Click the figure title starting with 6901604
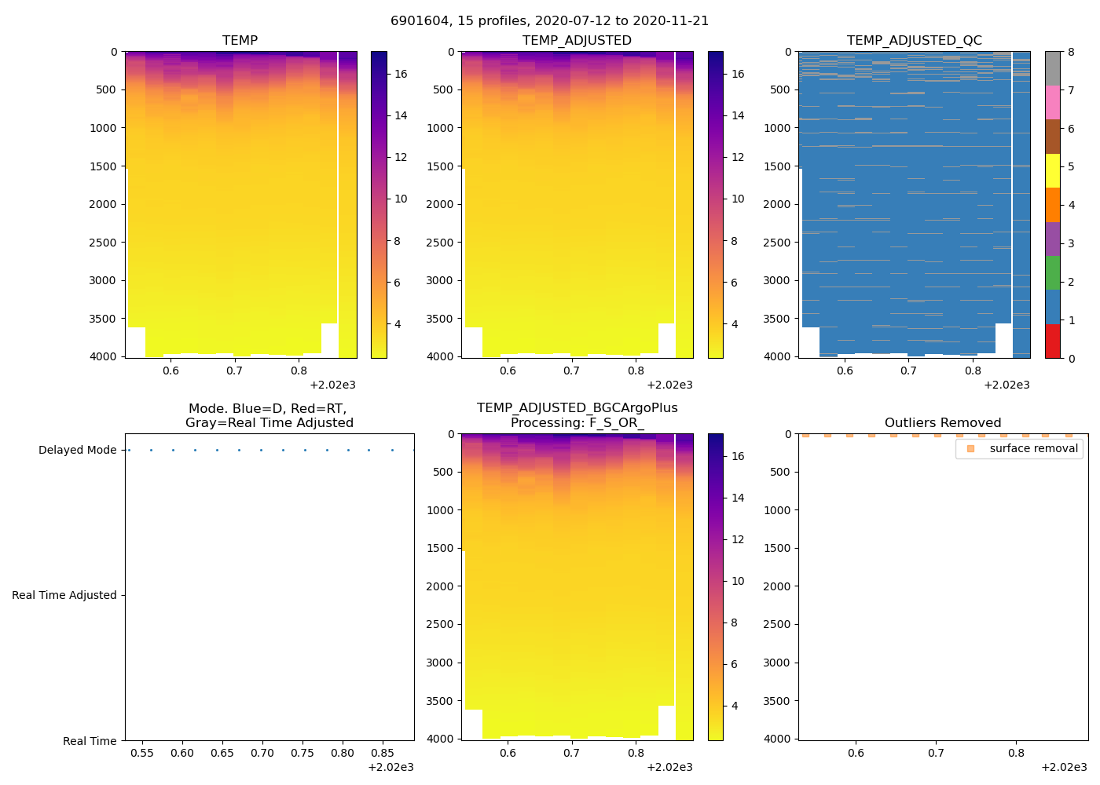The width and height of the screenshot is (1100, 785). (549, 21)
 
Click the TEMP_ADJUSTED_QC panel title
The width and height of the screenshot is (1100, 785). (914, 41)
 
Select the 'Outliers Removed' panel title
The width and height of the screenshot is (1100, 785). (943, 423)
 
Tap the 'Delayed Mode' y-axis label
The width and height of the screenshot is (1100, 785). (77, 451)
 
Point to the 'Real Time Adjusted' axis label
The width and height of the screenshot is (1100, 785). (64, 596)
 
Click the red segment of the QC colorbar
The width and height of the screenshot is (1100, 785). (1052, 341)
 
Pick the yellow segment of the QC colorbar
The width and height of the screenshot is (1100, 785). (1052, 171)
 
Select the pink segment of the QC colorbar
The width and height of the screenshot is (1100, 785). (1052, 103)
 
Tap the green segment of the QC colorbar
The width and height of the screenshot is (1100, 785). (1052, 273)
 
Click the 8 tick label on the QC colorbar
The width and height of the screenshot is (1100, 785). (1071, 53)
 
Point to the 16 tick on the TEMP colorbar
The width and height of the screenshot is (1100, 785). (401, 75)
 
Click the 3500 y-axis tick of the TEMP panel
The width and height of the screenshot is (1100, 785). (104, 319)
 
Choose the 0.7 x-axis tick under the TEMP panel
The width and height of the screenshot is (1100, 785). (234, 371)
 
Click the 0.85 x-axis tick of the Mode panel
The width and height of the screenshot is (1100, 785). (382, 753)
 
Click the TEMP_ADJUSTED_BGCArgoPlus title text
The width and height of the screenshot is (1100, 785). (577, 408)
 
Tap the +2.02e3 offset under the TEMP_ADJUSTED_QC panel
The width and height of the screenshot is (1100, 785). (1006, 385)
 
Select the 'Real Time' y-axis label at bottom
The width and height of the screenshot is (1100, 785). (90, 741)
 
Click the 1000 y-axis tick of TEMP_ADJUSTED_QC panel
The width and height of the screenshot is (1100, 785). (777, 128)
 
